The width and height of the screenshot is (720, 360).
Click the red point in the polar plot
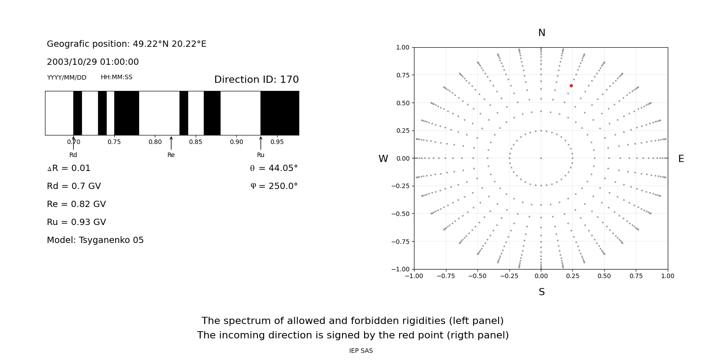tap(571, 85)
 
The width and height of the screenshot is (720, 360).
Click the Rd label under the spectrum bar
tap(73, 155)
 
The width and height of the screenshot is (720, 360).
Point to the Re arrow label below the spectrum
tap(171, 155)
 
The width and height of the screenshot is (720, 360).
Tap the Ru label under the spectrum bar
tap(261, 155)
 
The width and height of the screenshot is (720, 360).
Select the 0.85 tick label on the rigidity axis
tap(196, 142)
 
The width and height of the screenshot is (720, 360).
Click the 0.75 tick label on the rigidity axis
tap(114, 142)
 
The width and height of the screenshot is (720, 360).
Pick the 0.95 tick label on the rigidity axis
tap(277, 142)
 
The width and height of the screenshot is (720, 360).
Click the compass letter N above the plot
tap(541, 33)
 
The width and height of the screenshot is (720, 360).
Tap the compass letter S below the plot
tap(541, 292)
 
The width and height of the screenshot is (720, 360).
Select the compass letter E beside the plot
tap(681, 159)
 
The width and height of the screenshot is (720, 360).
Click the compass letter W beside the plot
tap(383, 159)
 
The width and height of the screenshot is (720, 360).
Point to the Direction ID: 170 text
tap(256, 80)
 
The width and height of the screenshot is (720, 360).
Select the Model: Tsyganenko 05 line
tap(95, 240)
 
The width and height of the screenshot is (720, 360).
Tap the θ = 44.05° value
tap(274, 168)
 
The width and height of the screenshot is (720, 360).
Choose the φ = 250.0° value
tap(274, 186)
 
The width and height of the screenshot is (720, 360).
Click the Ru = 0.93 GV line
tap(76, 222)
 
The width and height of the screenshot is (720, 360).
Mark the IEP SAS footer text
tap(361, 351)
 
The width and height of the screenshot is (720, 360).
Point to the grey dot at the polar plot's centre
tap(541, 158)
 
